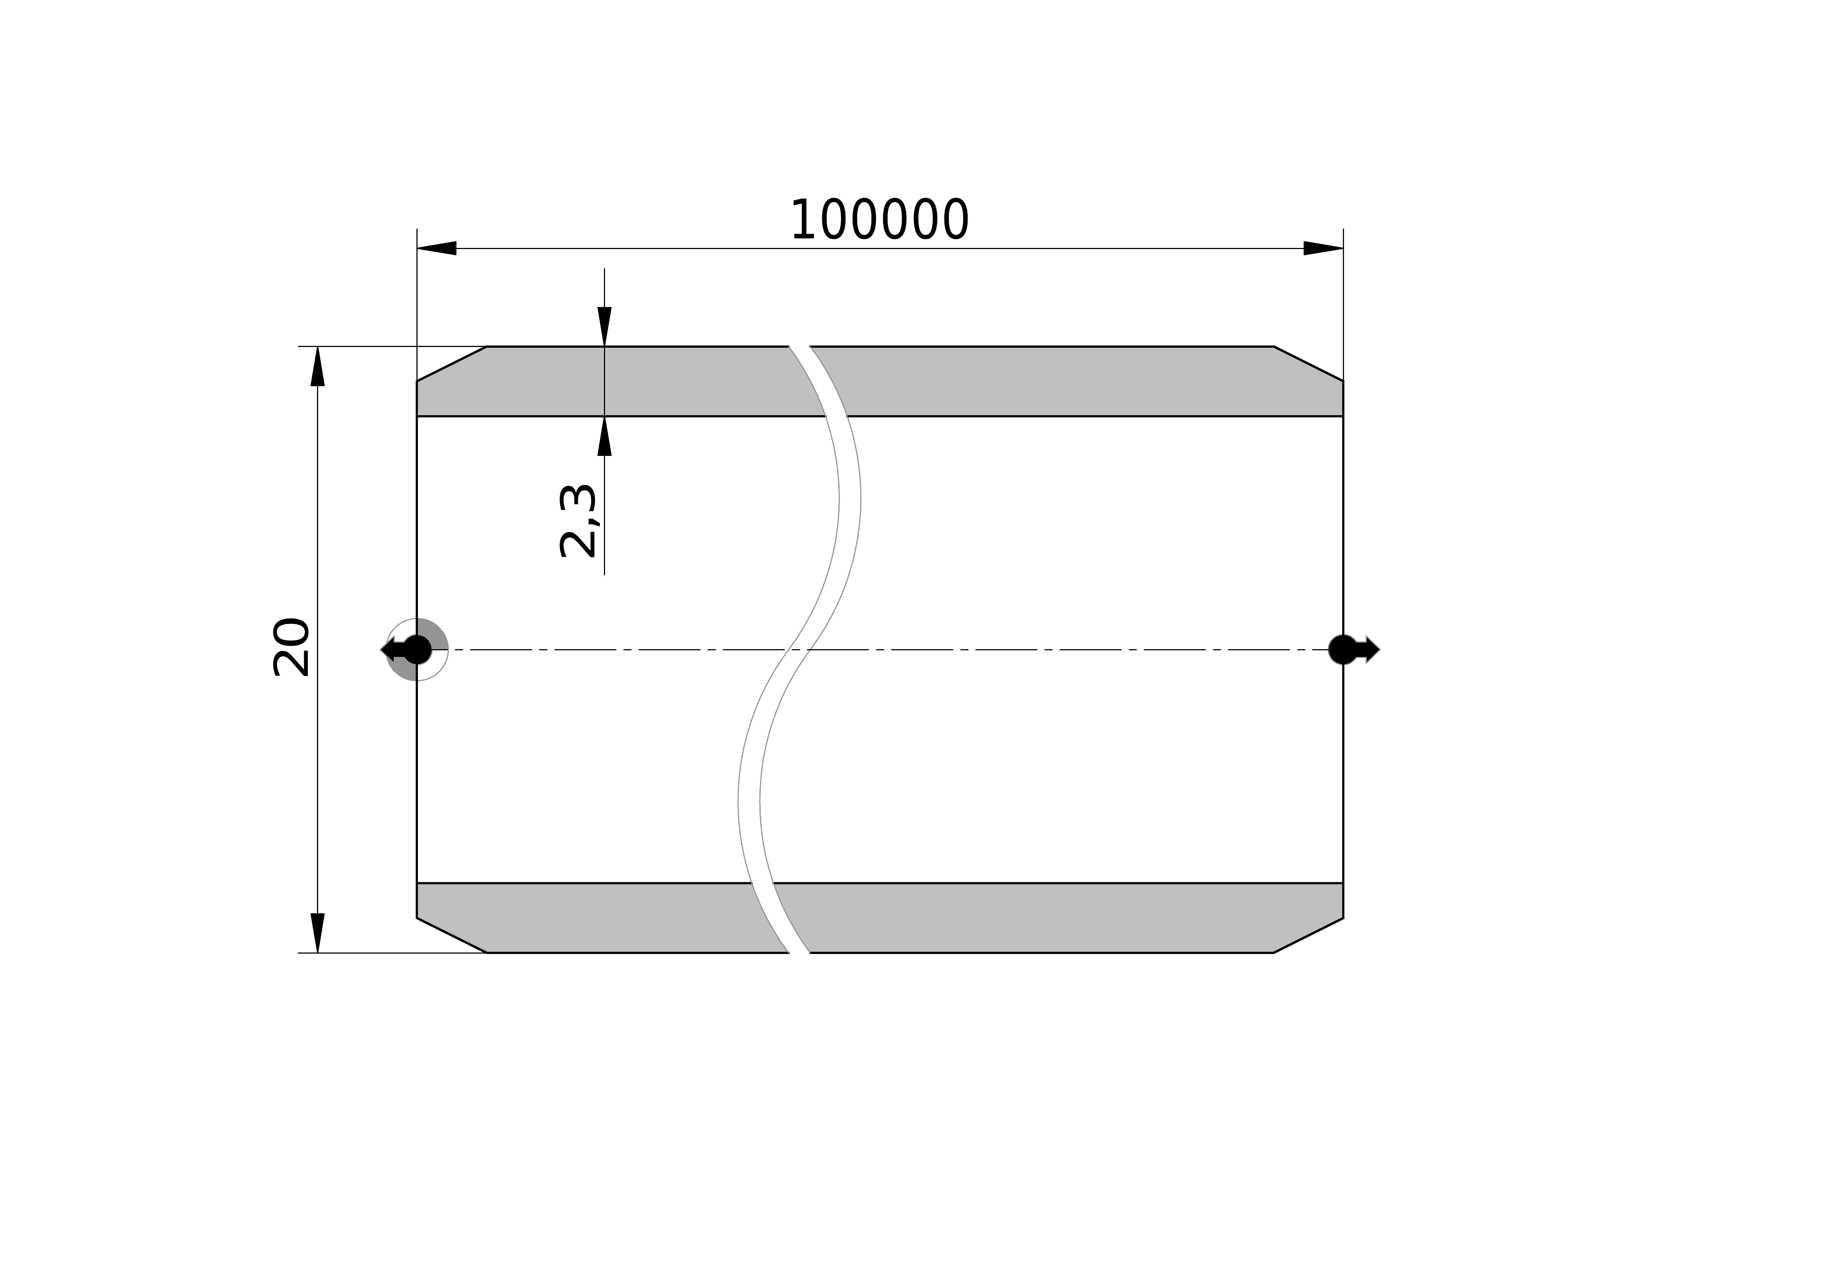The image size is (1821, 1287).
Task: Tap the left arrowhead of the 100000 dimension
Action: tap(437, 248)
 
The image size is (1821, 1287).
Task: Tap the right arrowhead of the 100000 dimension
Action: tap(1323, 248)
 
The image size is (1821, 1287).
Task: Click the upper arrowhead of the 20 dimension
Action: tap(317, 366)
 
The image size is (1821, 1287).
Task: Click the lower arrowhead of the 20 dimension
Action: tap(317, 933)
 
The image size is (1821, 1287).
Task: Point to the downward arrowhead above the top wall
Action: tap(604, 327)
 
